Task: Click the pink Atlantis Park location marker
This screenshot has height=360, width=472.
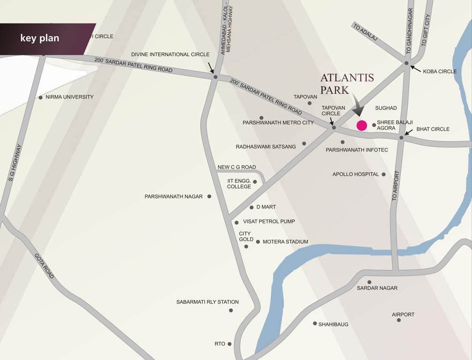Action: click(x=362, y=125)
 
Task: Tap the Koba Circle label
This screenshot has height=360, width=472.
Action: click(x=440, y=72)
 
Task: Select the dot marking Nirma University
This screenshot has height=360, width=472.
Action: click(x=41, y=97)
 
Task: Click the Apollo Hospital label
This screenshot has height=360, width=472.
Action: click(x=356, y=174)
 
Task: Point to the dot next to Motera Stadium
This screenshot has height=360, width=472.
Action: click(x=258, y=242)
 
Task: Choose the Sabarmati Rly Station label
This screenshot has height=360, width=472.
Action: click(x=207, y=302)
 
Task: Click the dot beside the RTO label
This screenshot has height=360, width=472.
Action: click(x=229, y=344)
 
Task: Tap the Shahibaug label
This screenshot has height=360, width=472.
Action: click(x=333, y=324)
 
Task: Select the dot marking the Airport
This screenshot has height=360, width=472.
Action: click(x=399, y=320)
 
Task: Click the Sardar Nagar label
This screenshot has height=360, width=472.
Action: click(x=377, y=288)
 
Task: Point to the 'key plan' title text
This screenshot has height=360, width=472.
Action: click(x=40, y=38)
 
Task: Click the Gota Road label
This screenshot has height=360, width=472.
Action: click(x=44, y=266)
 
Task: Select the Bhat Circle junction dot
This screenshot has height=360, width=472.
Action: click(x=401, y=138)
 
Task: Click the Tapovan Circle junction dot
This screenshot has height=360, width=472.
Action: click(x=334, y=127)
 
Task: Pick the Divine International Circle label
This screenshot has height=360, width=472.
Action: click(x=170, y=54)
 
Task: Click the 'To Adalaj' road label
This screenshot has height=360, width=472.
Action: click(x=365, y=34)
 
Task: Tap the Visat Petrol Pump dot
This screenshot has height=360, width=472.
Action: click(x=236, y=223)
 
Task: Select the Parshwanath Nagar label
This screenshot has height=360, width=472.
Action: click(x=174, y=196)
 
